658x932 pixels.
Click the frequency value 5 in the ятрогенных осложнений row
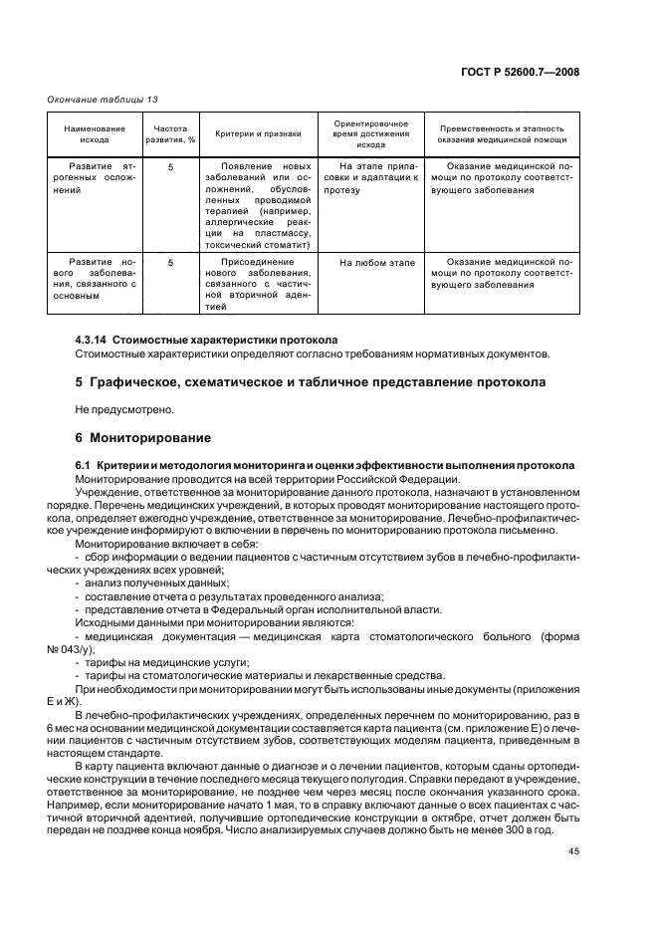[x=170, y=166]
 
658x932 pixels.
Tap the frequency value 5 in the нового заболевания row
[x=170, y=263]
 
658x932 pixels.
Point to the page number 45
[x=573, y=850]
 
